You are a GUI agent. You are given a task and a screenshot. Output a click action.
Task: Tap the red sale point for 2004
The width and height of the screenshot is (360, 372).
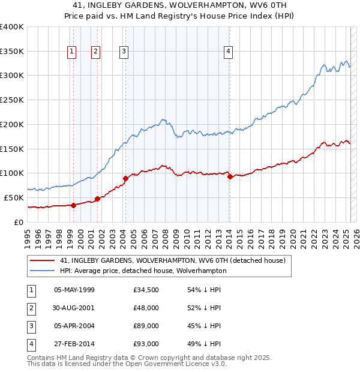(x=125, y=178)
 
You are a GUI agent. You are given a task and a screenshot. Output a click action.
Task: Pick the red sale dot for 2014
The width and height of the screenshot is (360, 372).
(x=230, y=176)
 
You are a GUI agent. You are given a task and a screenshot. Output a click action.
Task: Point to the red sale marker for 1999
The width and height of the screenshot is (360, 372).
(x=73, y=205)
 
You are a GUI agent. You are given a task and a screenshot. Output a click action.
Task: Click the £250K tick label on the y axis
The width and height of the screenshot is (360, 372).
(x=12, y=100)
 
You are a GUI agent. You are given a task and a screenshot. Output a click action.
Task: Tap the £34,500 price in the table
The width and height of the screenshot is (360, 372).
(x=146, y=290)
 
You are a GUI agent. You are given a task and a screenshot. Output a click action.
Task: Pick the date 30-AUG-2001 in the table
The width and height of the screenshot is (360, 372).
(x=74, y=308)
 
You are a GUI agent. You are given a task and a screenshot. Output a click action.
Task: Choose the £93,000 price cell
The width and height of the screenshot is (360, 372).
(x=146, y=344)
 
